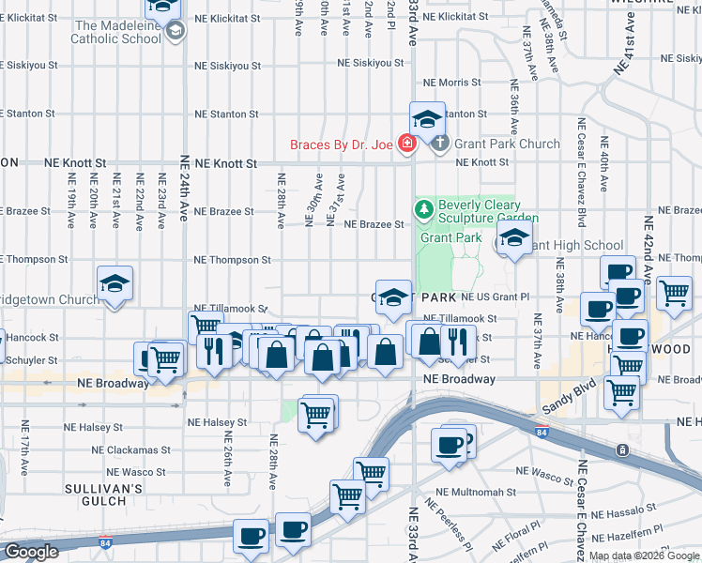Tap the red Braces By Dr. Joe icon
(x=406, y=145)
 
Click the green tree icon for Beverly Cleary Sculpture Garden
(x=423, y=208)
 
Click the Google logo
(x=30, y=552)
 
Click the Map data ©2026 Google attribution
(x=643, y=555)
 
